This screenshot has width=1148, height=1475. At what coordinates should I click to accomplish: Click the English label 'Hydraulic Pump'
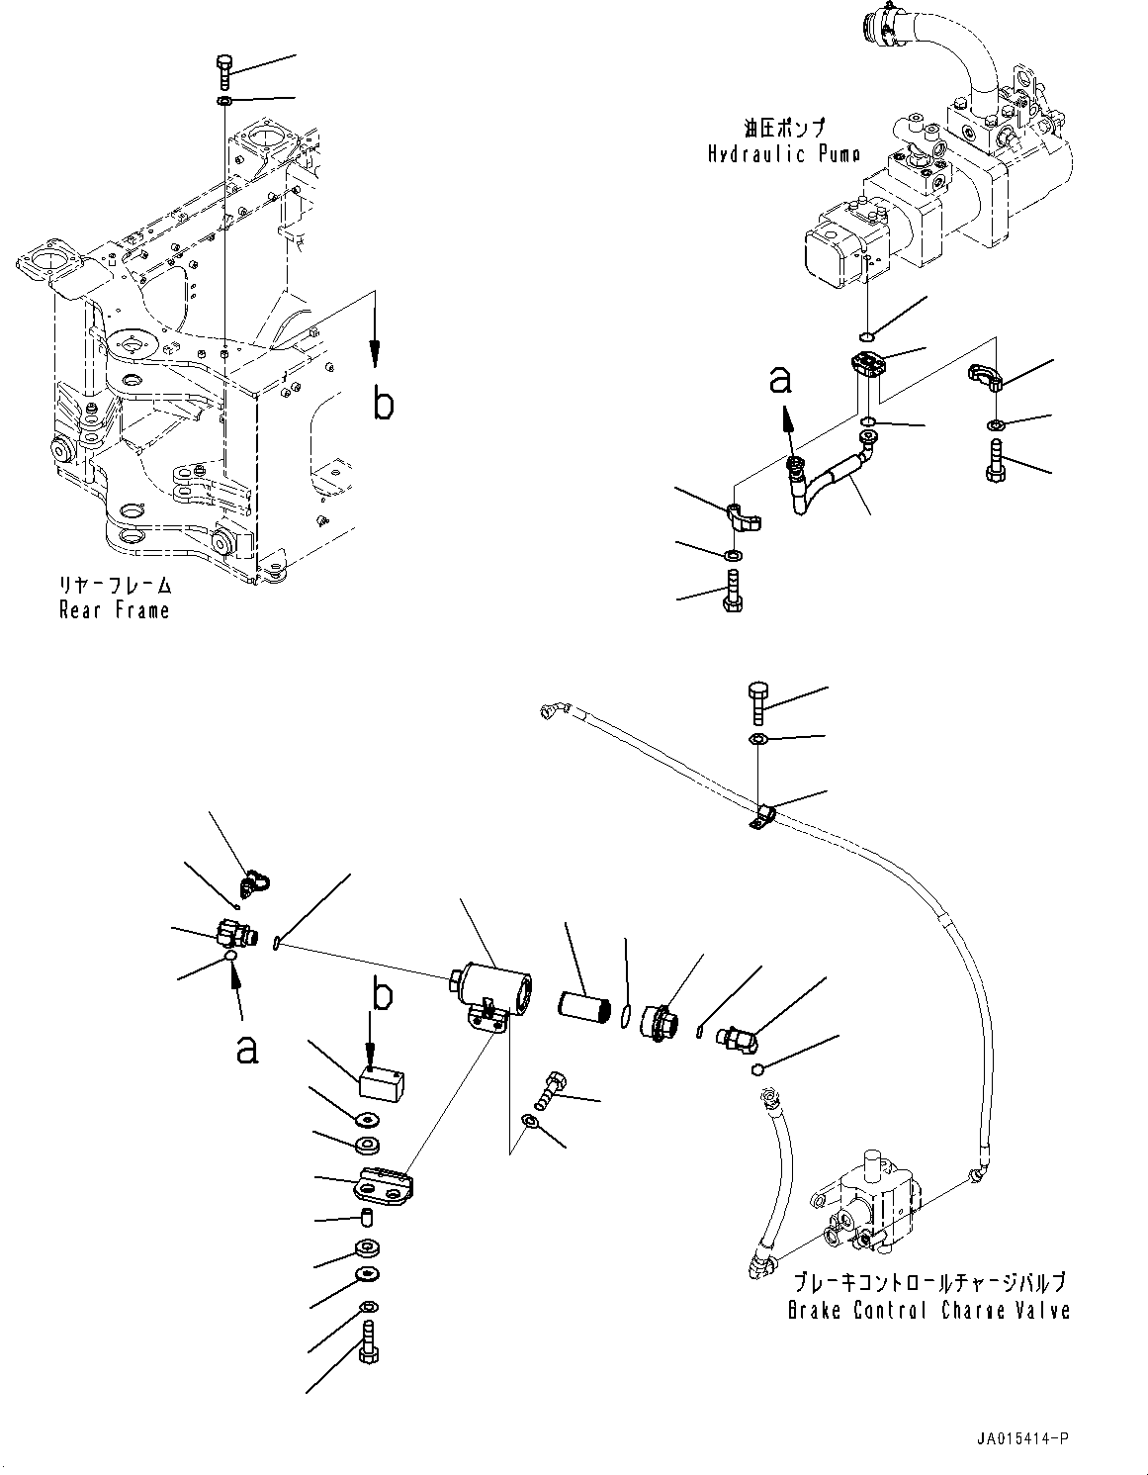pyautogui.click(x=784, y=154)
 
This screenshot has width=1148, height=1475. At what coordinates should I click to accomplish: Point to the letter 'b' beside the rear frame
pyautogui.click(x=384, y=405)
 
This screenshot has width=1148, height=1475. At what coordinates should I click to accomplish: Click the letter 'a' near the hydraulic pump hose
pyautogui.click(x=780, y=382)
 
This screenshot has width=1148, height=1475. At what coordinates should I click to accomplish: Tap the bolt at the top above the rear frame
pyautogui.click(x=223, y=71)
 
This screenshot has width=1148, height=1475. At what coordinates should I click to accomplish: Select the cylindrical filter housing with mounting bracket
pyautogui.click(x=490, y=993)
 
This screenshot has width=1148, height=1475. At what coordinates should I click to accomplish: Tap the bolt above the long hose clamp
pyautogui.click(x=758, y=703)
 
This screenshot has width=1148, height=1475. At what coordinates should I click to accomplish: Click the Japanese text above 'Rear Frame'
pyautogui.click(x=115, y=584)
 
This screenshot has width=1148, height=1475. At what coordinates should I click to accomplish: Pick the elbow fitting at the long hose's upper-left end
pyautogui.click(x=553, y=710)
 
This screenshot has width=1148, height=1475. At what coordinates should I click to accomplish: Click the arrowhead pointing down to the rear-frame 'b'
pyautogui.click(x=375, y=351)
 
